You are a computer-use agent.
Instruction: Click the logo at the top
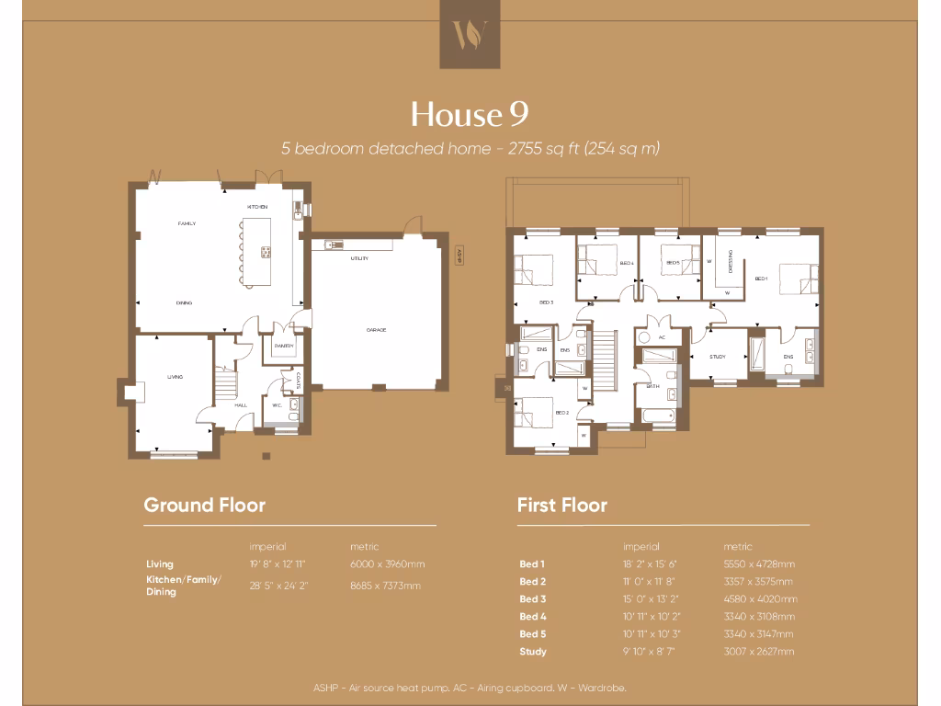470,34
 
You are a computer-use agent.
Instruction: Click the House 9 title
470,114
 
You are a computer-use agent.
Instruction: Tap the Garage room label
377,330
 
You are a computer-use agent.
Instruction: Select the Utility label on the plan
359,258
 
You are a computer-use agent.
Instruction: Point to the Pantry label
283,346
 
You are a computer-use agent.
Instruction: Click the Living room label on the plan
175,377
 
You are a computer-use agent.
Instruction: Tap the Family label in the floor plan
187,223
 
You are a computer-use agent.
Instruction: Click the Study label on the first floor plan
718,356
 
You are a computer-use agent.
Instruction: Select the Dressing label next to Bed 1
730,260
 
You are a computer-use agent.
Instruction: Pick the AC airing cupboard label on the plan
662,337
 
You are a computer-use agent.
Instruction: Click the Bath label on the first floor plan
653,386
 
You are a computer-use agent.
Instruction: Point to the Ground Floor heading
204,505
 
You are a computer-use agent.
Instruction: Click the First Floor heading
561,505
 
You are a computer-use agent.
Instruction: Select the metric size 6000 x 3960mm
387,564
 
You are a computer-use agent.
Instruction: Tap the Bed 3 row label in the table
533,599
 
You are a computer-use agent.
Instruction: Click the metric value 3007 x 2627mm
759,652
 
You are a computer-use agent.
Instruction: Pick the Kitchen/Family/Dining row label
184,586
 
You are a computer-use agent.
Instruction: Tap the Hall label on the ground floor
241,404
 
